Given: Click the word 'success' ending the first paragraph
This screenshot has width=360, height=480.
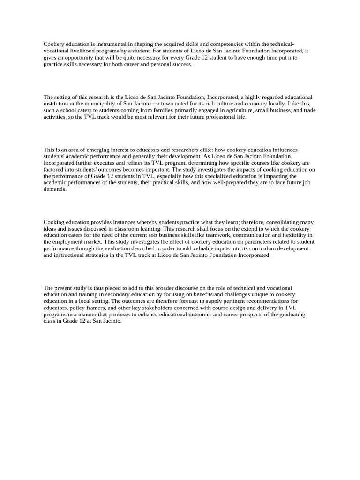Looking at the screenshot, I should coord(181,64).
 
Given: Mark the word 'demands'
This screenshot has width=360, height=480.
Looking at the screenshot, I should coord(54,189).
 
